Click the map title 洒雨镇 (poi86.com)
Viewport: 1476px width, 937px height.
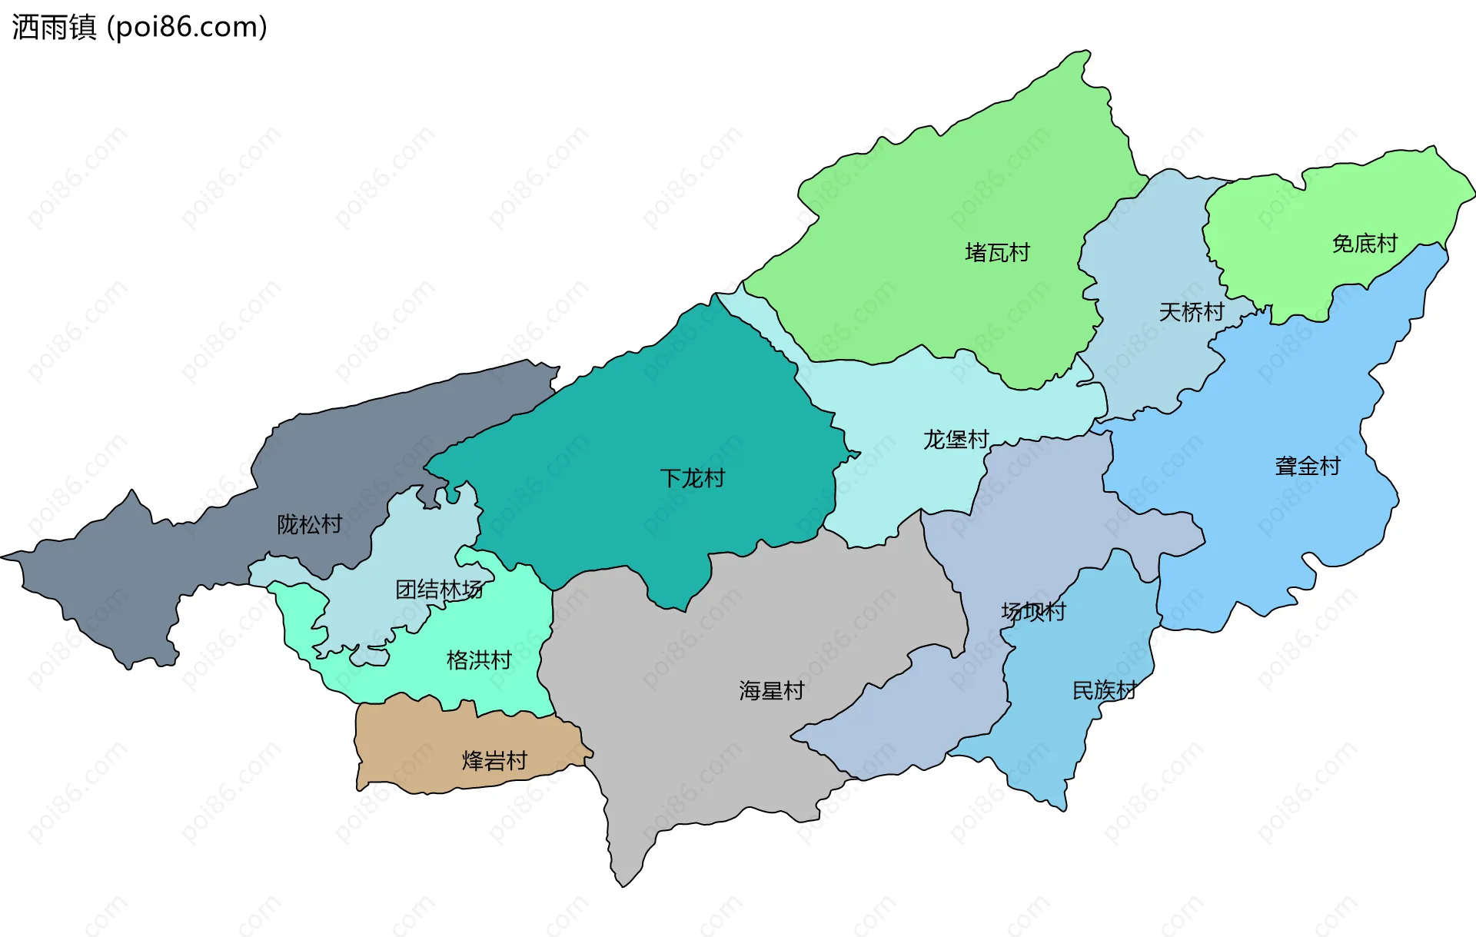(x=140, y=27)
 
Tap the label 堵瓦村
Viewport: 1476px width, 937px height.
(x=997, y=253)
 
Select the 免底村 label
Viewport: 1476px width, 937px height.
(x=1365, y=244)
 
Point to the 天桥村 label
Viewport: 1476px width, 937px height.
(x=1191, y=312)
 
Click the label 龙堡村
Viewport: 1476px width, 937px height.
(x=956, y=440)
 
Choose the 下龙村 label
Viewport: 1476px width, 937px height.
(x=692, y=478)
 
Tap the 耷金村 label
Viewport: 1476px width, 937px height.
(x=1307, y=466)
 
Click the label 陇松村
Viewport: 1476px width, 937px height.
(x=309, y=524)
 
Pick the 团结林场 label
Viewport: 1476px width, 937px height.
(x=439, y=590)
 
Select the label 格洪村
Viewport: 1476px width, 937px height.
(x=479, y=660)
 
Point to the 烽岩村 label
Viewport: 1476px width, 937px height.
(x=494, y=761)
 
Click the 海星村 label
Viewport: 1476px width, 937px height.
(x=771, y=690)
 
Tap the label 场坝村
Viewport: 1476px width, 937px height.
(x=1033, y=612)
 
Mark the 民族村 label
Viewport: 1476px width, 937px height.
(x=1104, y=690)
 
